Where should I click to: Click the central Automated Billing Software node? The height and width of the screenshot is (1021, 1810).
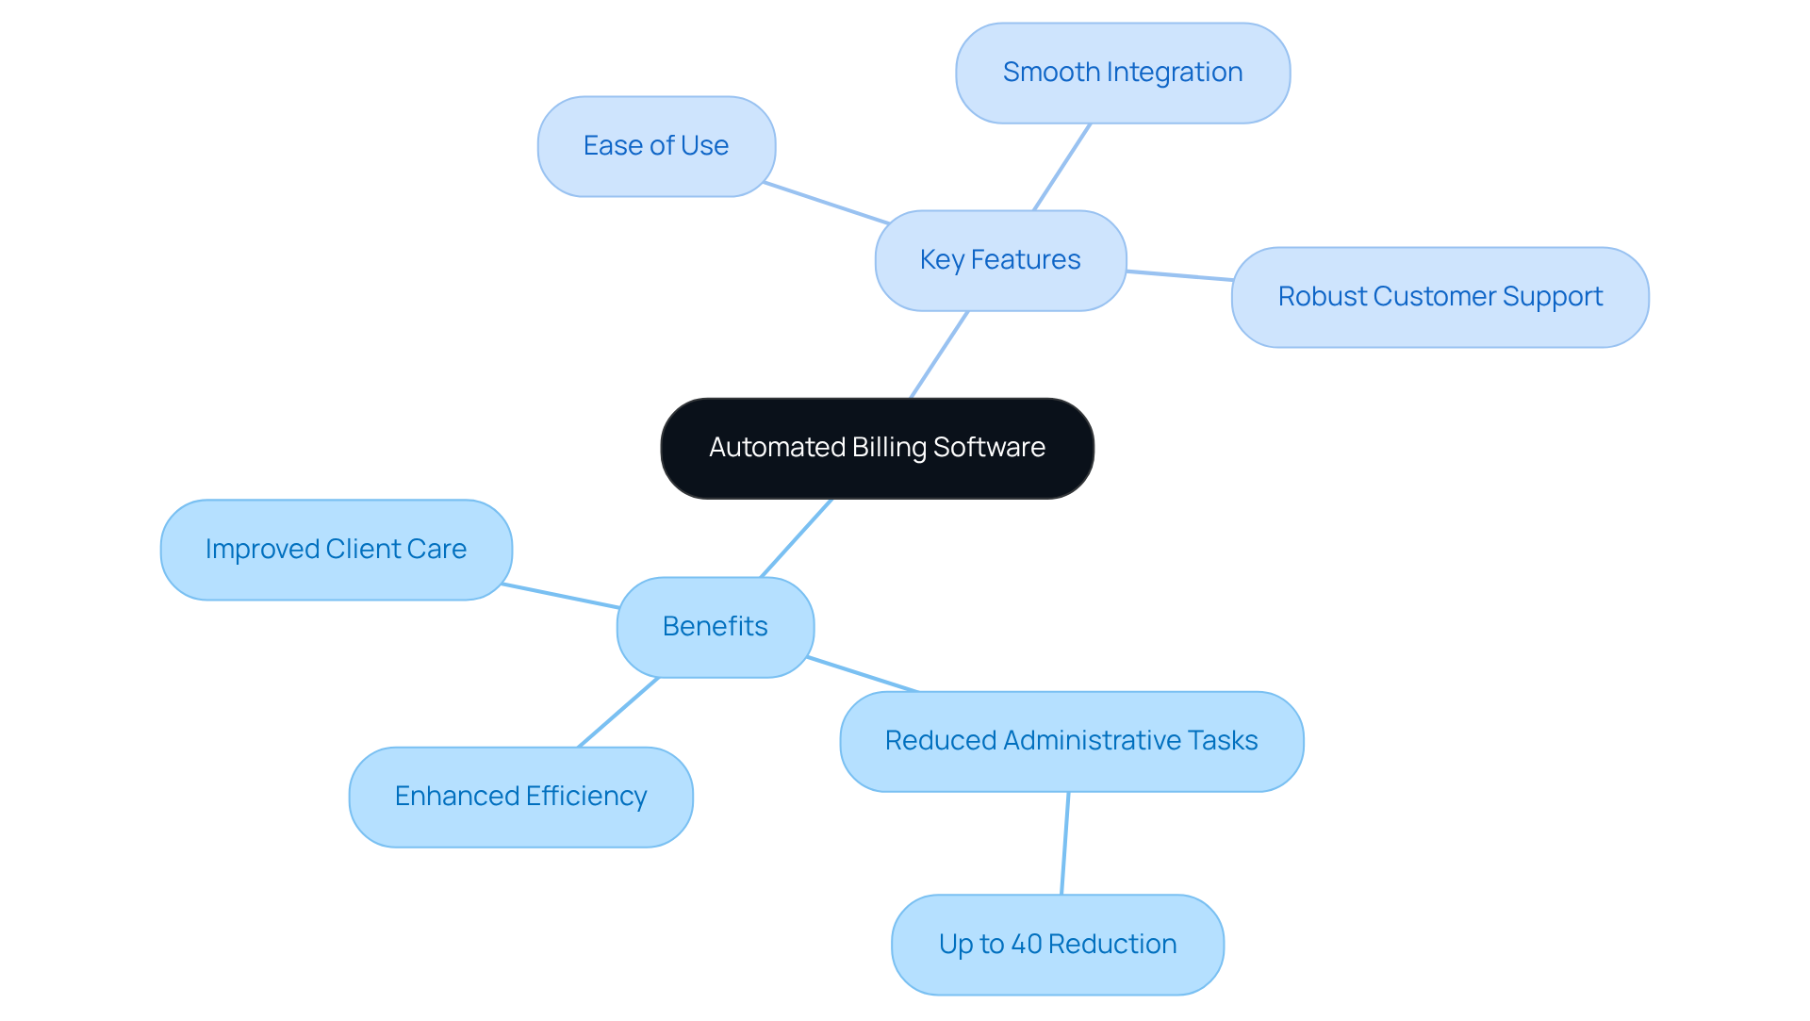pyautogui.click(x=877, y=448)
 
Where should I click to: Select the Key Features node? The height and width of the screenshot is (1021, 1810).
pyautogui.click(x=1000, y=260)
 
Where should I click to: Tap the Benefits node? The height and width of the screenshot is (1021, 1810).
pyautogui.click(x=715, y=627)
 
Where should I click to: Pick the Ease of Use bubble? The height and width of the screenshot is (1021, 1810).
pyautogui.click(x=656, y=146)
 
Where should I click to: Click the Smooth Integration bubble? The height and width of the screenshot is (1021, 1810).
pyautogui.click(x=1122, y=73)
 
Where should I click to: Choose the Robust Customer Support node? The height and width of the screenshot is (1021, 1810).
pyautogui.click(x=1440, y=297)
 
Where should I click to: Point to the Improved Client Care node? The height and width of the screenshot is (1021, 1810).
pyautogui.click(x=336, y=550)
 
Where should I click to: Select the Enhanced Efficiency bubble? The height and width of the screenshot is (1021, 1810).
pyautogui.click(x=520, y=797)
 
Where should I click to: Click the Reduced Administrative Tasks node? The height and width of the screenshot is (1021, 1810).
pyautogui.click(x=1071, y=741)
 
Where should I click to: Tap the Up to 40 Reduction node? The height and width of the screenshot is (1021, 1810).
pyautogui.click(x=1057, y=944)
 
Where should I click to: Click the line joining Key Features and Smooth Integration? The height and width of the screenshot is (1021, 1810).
pyautogui.click(x=1062, y=167)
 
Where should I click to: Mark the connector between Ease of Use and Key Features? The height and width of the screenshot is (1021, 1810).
pyautogui.click(x=826, y=203)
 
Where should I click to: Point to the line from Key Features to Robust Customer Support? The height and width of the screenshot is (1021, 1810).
pyautogui.click(x=1179, y=275)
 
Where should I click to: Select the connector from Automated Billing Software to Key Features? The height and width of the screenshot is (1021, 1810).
pyautogui.click(x=940, y=354)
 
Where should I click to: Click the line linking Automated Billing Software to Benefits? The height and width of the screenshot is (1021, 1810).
pyautogui.click(x=797, y=537)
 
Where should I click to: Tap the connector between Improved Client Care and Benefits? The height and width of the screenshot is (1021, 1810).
pyautogui.click(x=561, y=596)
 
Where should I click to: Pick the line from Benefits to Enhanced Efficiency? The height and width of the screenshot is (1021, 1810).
pyautogui.click(x=618, y=712)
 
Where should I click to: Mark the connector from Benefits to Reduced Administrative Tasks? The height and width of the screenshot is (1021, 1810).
pyautogui.click(x=863, y=674)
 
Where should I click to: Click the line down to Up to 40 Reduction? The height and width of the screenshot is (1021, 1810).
pyautogui.click(x=1065, y=843)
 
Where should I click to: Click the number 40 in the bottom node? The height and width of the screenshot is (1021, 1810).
pyautogui.click(x=1026, y=944)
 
